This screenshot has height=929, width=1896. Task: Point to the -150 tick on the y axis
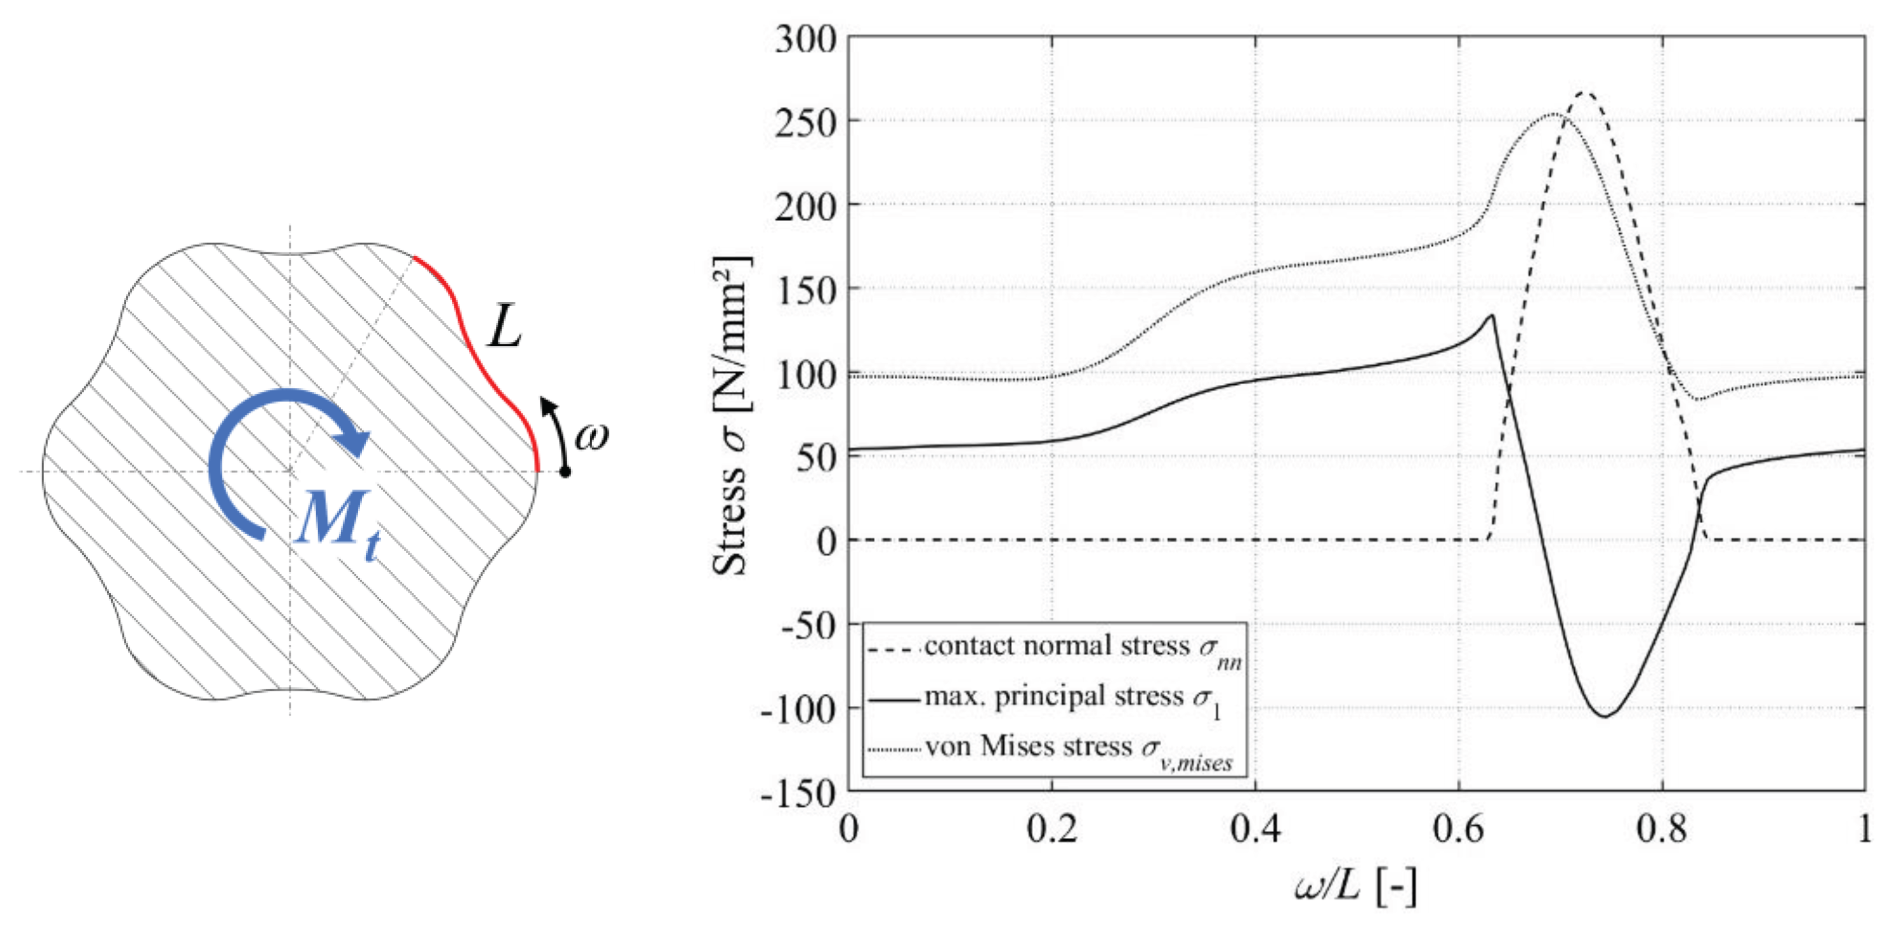pyautogui.click(x=799, y=793)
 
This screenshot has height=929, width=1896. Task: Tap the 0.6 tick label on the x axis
pyautogui.click(x=1458, y=830)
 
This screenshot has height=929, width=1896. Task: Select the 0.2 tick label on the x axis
pyautogui.click(x=1052, y=830)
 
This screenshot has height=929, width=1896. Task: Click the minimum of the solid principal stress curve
pyautogui.click(x=1605, y=716)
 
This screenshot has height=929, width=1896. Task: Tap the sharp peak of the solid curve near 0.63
pyautogui.click(x=1492, y=316)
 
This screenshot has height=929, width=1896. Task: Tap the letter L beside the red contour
pyautogui.click(x=505, y=326)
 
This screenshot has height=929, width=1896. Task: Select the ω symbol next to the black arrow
pyautogui.click(x=592, y=436)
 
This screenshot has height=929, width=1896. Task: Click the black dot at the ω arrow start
pyautogui.click(x=565, y=471)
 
